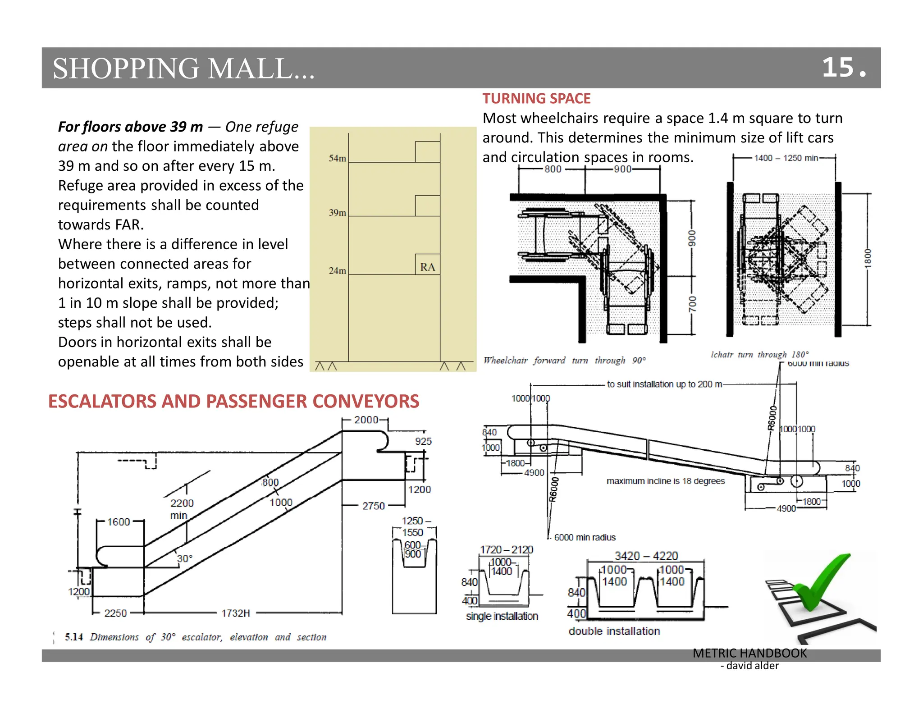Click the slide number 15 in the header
[838, 68]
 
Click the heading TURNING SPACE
[536, 98]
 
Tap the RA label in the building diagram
[427, 267]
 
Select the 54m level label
[337, 158]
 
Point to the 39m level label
[337, 212]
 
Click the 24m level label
[337, 270]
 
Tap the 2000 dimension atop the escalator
[366, 420]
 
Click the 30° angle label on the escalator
[184, 558]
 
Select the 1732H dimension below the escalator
[236, 613]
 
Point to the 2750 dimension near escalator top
[373, 506]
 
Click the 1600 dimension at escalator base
[119, 521]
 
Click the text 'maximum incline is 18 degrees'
[665, 481]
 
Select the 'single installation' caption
[502, 616]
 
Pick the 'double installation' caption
[614, 631]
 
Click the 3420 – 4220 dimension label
[646, 556]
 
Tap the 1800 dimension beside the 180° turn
[868, 258]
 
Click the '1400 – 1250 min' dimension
[786, 158]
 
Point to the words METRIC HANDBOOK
[749, 653]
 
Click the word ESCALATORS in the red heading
[102, 401]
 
